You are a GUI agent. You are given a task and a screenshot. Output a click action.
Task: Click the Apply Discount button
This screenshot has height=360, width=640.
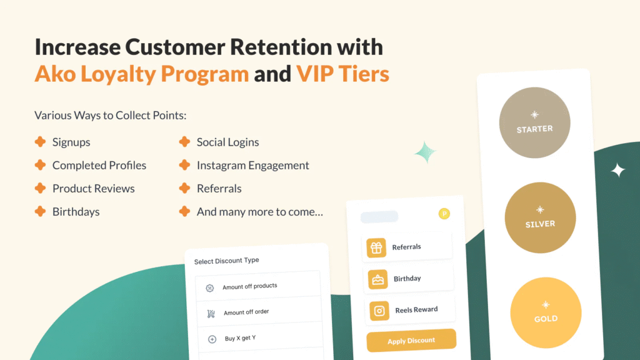pyautogui.click(x=411, y=341)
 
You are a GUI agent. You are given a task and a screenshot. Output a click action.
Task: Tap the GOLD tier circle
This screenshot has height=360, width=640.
pyautogui.click(x=546, y=313)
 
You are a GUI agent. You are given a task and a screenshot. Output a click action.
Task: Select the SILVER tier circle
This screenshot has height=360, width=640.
pyautogui.click(x=540, y=217)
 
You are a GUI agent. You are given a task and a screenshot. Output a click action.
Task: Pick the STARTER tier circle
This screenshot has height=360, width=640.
pyautogui.click(x=534, y=122)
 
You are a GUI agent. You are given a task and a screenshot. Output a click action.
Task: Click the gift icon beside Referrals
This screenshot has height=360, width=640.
pyautogui.click(x=376, y=247)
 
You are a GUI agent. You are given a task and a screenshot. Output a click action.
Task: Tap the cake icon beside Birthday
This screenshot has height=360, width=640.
pyautogui.click(x=377, y=279)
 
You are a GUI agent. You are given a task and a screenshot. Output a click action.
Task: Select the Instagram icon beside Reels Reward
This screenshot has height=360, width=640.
pyautogui.click(x=379, y=311)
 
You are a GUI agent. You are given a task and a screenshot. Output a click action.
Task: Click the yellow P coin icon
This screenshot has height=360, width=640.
pyautogui.click(x=444, y=214)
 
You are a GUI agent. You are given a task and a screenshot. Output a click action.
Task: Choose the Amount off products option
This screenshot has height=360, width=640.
pyautogui.click(x=250, y=286)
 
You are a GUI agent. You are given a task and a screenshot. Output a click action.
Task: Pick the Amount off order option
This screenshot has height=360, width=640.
pyautogui.click(x=246, y=312)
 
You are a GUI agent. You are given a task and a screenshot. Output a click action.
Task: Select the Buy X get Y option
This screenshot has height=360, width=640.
pyautogui.click(x=240, y=339)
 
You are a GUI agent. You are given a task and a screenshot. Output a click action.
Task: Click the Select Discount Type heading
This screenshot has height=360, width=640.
pyautogui.click(x=226, y=261)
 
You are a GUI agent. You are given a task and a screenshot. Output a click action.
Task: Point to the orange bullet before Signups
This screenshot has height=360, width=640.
pyautogui.click(x=40, y=142)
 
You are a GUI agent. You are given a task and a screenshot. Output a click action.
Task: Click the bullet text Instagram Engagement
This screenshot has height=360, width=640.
pyautogui.click(x=252, y=166)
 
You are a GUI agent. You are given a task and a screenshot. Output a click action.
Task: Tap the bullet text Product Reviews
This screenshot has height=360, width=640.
pyautogui.click(x=94, y=189)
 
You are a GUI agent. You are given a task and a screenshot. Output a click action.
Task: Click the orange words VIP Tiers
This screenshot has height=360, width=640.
pyautogui.click(x=342, y=74)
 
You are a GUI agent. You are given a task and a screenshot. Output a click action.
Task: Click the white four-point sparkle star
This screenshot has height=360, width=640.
pyautogui.click(x=617, y=170)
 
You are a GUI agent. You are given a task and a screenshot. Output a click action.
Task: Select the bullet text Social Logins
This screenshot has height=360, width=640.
pyautogui.click(x=227, y=142)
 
